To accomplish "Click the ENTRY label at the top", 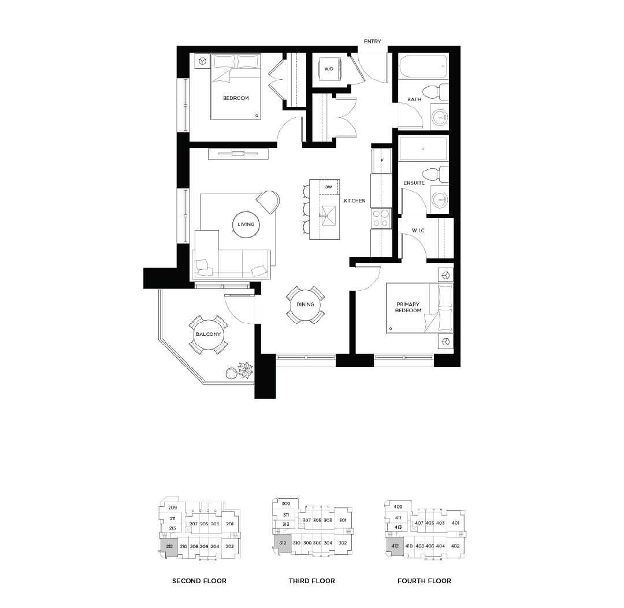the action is point(372,42).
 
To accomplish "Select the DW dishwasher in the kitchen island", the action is point(329,187).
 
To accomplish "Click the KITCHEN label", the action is point(354,201).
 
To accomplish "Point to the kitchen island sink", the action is point(330,215).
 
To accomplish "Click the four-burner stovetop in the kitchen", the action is point(380,218).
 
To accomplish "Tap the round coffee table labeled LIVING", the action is point(246,225).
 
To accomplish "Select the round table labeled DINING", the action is point(305,305).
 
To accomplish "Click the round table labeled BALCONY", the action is point(208,335).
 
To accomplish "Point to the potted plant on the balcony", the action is point(246,370).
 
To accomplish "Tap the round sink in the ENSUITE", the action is point(439,198).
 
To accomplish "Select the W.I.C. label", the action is point(419,231).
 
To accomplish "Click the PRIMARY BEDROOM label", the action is point(408,307).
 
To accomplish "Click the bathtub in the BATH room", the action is point(424,66).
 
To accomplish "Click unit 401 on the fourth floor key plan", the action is point(456,523).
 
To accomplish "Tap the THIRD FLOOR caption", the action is point(312,581).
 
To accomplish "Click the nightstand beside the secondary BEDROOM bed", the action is point(203,61).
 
